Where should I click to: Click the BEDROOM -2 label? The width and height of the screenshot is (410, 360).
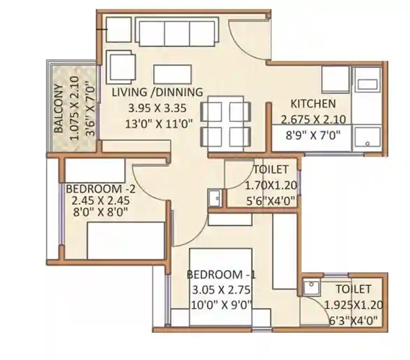[94, 187]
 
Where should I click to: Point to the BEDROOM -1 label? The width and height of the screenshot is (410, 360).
[218, 273]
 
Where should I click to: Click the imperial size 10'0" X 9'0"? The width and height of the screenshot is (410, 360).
[218, 304]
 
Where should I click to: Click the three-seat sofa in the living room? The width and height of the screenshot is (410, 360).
[177, 33]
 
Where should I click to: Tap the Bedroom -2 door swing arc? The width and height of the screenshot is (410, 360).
[149, 183]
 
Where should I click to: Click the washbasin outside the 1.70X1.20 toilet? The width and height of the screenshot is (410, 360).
[215, 197]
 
